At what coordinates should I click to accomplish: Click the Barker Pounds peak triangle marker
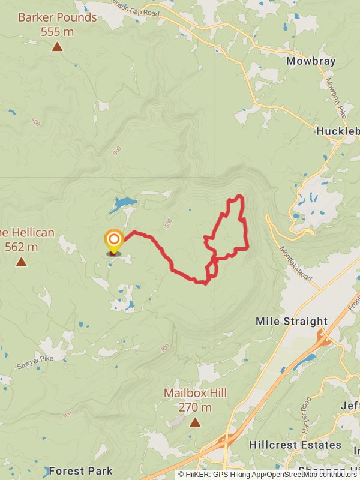57,46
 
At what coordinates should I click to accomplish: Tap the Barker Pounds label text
57,17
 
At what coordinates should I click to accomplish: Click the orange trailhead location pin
113,241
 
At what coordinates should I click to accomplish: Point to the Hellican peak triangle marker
21,262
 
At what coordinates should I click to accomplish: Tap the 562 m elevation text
21,247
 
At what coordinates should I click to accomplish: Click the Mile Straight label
292,322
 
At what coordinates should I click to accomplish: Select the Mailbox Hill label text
195,394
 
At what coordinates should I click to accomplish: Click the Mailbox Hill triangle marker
195,422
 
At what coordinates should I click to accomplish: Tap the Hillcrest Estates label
295,445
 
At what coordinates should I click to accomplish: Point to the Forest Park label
80,471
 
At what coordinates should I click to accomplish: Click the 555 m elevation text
57,31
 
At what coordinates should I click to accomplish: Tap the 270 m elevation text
195,407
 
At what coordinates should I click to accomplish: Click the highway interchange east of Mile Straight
325,340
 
